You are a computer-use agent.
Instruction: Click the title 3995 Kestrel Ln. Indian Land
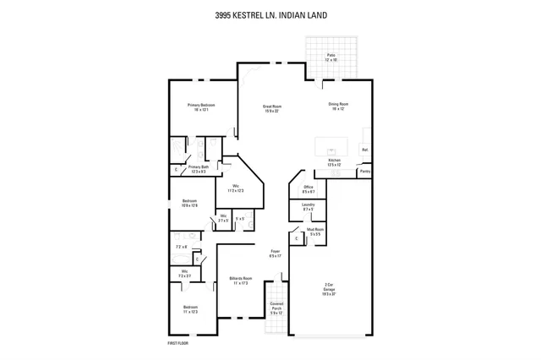(x=270, y=14)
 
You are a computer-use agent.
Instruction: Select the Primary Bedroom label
(x=201, y=106)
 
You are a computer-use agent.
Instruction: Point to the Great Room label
(x=271, y=107)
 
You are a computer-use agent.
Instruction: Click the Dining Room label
(x=339, y=106)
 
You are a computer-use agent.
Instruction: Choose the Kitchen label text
(x=334, y=161)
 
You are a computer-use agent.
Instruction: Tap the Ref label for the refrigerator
(x=364, y=150)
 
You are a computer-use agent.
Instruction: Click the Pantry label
(x=364, y=171)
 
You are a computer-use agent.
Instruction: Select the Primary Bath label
(x=199, y=169)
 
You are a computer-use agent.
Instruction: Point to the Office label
(x=309, y=188)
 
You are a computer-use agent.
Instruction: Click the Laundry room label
(x=308, y=207)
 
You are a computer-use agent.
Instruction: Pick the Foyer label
(x=275, y=253)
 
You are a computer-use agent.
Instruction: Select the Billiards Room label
(x=239, y=280)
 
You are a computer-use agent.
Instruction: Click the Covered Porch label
(x=276, y=308)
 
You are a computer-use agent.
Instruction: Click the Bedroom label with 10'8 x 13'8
(x=190, y=203)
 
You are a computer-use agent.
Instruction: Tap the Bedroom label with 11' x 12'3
(x=190, y=309)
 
